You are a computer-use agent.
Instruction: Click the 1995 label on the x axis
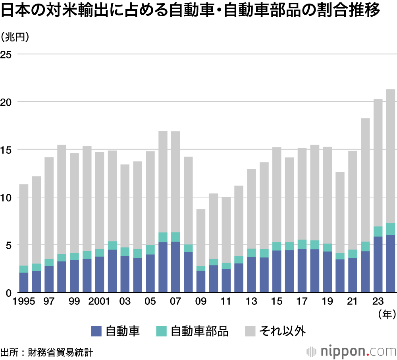click(x=24, y=302)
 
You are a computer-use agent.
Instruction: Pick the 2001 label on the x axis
click(x=100, y=302)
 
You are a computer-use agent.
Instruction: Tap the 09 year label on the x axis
click(x=201, y=302)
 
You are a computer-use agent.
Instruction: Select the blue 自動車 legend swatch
click(x=96, y=331)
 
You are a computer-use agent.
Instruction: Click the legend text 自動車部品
click(x=200, y=331)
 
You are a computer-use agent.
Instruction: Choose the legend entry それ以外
click(x=282, y=331)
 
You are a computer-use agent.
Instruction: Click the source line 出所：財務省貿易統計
click(x=47, y=352)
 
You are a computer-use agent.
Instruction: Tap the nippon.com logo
click(x=352, y=351)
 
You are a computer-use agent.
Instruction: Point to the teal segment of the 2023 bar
click(x=378, y=231)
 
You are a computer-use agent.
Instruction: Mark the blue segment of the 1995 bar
click(x=24, y=283)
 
